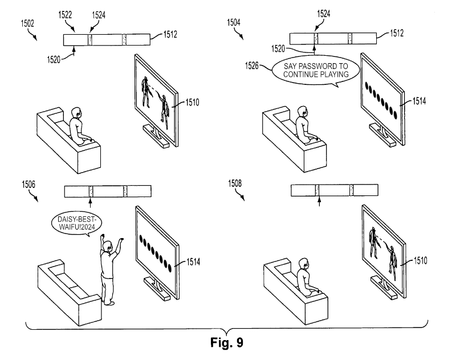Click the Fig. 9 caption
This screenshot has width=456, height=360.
(x=226, y=342)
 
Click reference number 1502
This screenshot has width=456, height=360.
(x=27, y=23)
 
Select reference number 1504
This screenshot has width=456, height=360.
(x=234, y=22)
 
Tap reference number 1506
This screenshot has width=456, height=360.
(x=28, y=184)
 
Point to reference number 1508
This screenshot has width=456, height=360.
(x=235, y=183)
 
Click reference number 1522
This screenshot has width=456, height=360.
(x=65, y=15)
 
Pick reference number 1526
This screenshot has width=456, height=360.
(x=252, y=66)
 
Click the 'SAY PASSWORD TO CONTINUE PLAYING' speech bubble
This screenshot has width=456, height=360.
(x=316, y=71)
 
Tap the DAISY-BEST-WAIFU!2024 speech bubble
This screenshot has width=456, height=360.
(x=76, y=223)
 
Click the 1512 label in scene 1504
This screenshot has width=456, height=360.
(x=397, y=33)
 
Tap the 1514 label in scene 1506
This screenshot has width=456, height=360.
(x=193, y=262)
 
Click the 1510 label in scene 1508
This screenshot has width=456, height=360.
(x=421, y=260)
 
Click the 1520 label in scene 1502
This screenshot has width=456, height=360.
(x=54, y=60)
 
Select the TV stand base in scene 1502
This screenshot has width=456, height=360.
(x=156, y=137)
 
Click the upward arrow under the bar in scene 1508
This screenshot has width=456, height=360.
(x=319, y=201)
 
